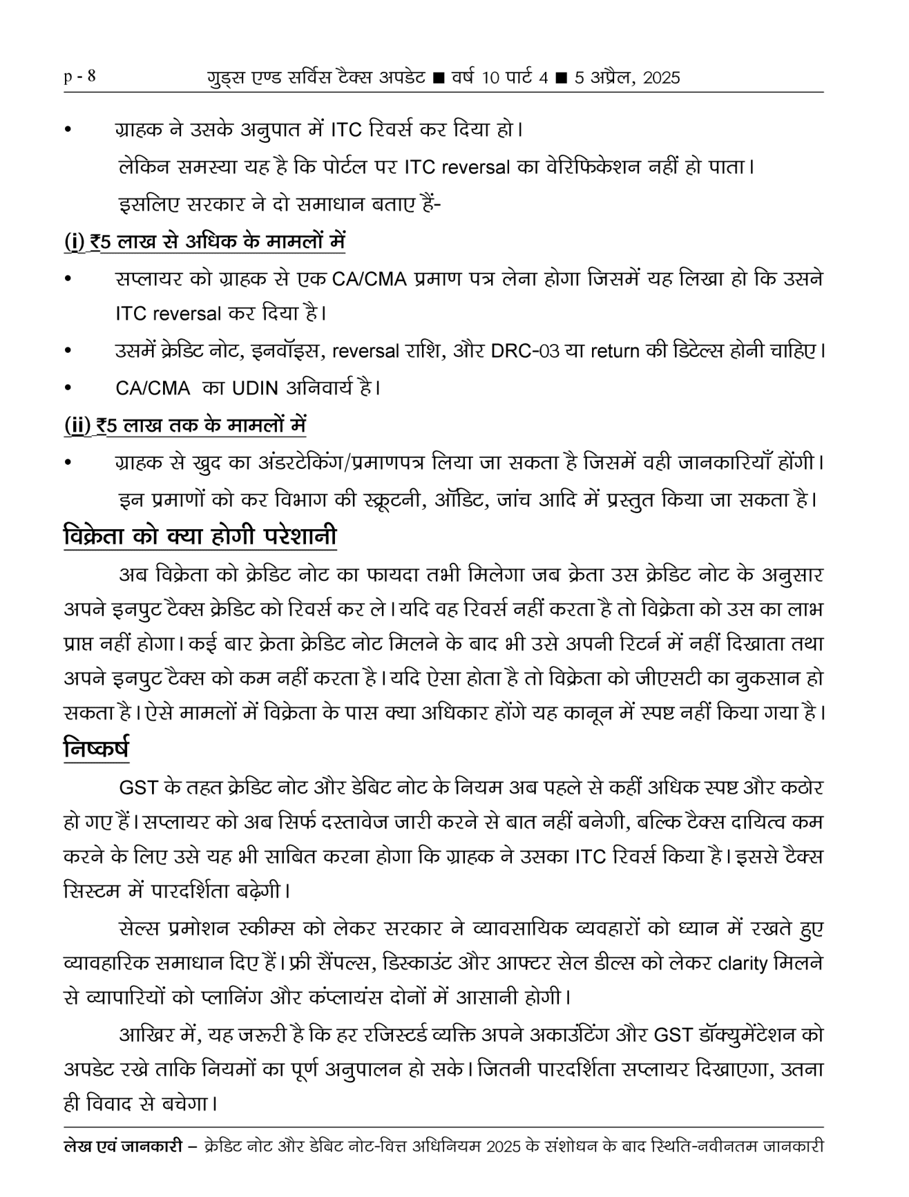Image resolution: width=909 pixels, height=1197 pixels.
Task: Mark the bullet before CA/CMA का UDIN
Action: (68, 389)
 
